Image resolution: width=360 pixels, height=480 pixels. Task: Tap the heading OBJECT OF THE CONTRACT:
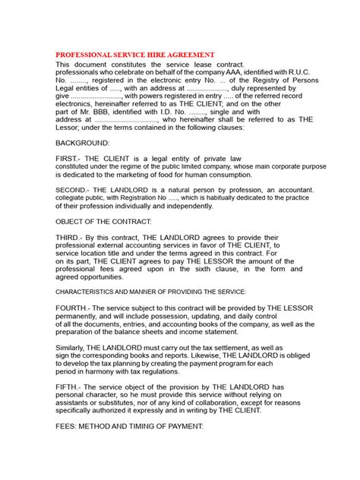pyautogui.click(x=103, y=221)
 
